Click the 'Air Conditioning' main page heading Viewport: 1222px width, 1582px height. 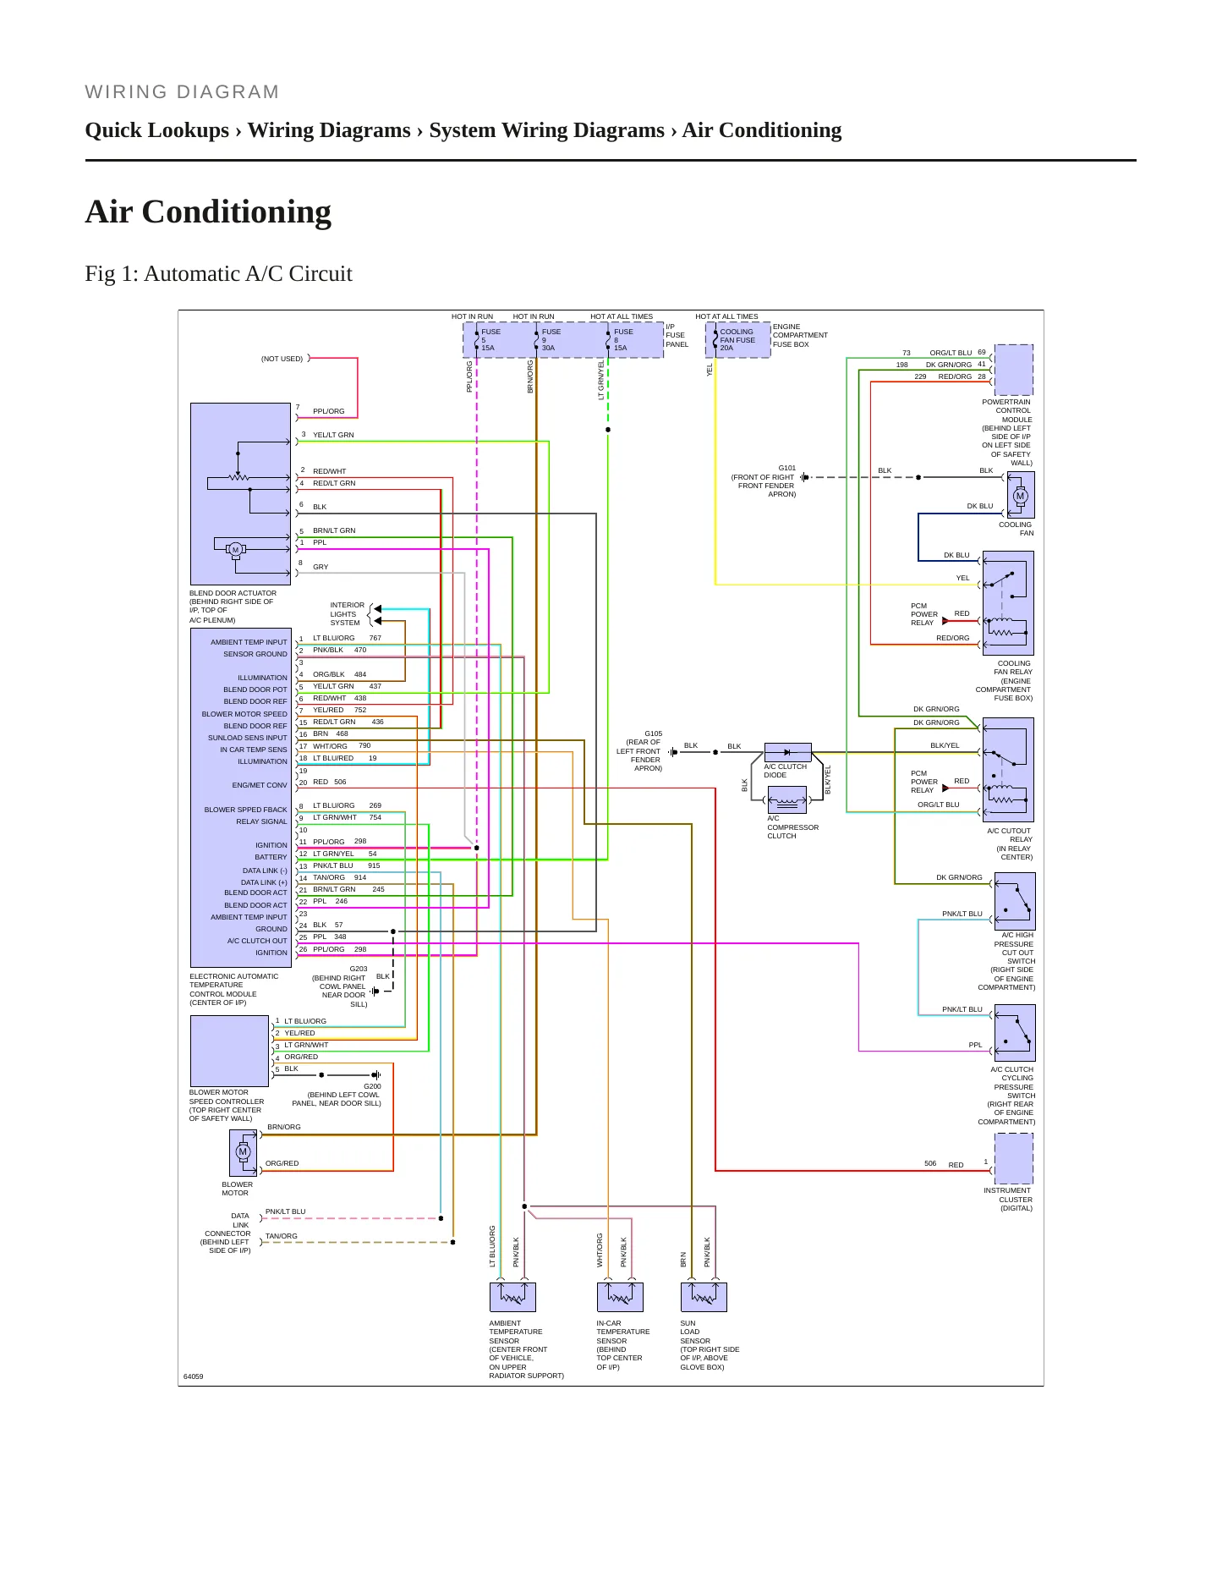208,211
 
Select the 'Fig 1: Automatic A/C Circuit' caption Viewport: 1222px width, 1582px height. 218,273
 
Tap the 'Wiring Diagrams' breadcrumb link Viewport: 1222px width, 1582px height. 329,130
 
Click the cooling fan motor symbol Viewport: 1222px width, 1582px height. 1021,495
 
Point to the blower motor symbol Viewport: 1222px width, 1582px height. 244,1152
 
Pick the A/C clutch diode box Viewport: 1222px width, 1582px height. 787,752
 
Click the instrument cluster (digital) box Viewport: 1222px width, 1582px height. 1014,1158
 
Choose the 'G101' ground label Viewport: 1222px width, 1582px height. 786,468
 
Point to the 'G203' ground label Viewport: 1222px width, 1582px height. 359,969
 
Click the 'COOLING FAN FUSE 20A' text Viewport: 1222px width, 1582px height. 737,340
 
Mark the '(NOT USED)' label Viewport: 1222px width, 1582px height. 282,359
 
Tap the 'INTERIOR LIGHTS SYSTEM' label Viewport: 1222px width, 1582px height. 347,614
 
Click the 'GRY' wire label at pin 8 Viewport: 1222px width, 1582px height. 321,567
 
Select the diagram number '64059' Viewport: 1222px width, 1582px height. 194,1376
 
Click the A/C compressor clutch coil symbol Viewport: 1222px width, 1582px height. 787,799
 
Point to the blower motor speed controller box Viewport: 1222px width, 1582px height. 229,1051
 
